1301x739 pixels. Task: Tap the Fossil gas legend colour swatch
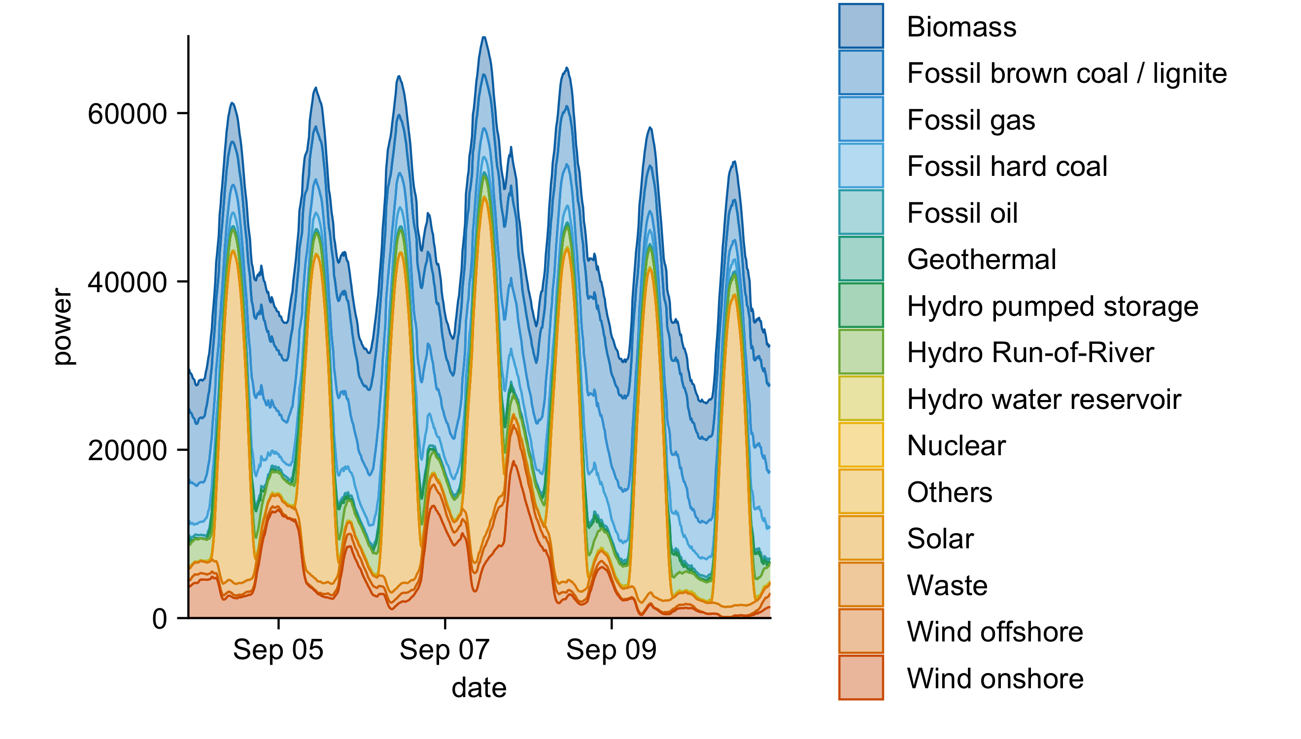860,119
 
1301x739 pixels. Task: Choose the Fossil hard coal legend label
1007,166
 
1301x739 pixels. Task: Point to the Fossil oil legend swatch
860,212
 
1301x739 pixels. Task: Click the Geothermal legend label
981,259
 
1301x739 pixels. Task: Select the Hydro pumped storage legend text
1052,306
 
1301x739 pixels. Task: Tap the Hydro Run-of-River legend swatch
860,352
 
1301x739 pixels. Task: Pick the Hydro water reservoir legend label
1044,399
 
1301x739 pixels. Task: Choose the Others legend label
949,492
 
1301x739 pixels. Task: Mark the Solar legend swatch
860,538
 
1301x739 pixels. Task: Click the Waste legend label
947,585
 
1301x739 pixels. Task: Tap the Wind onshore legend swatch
860,677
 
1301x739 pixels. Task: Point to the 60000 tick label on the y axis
127,114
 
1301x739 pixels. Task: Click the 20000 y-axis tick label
127,450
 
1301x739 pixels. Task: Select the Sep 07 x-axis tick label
444,649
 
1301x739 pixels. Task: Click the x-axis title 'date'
479,688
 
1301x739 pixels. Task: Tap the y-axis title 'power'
64,326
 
